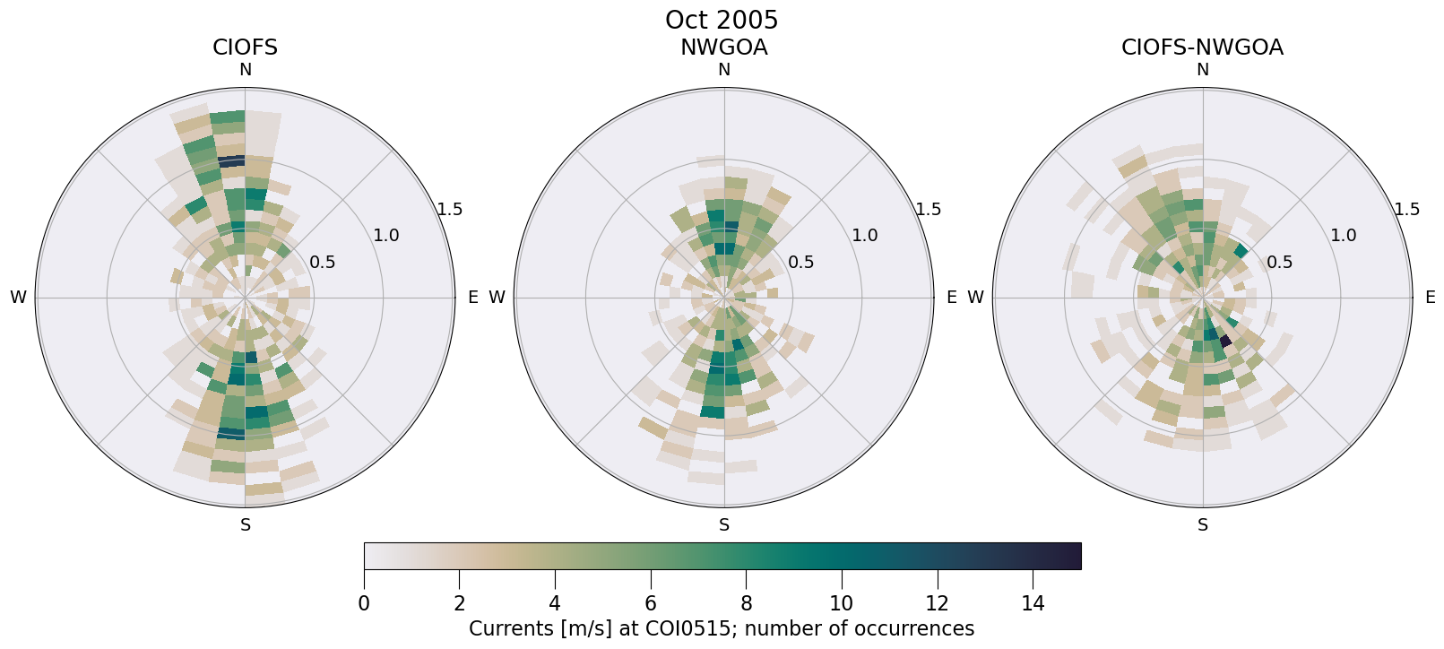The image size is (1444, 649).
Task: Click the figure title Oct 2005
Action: pyautogui.click(x=722, y=20)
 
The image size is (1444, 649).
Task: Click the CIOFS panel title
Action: pyautogui.click(x=245, y=48)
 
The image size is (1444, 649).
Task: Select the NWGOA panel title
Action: pyautogui.click(x=723, y=48)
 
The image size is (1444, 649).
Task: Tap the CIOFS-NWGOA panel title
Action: pyautogui.click(x=1202, y=48)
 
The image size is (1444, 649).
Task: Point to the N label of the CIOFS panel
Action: pyautogui.click(x=246, y=70)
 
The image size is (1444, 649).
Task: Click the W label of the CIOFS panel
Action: pyautogui.click(x=18, y=298)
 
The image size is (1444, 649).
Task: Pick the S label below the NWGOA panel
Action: pyautogui.click(x=724, y=525)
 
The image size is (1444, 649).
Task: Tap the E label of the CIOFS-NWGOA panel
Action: pyautogui.click(x=1430, y=298)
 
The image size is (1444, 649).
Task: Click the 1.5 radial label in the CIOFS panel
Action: pyautogui.click(x=450, y=210)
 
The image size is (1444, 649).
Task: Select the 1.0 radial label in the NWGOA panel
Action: pyautogui.click(x=864, y=236)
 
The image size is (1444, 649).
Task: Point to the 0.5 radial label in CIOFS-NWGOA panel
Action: pyautogui.click(x=1279, y=263)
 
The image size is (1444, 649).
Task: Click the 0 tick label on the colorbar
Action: pyautogui.click(x=364, y=603)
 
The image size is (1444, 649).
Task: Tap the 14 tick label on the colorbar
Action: pyautogui.click(x=1033, y=603)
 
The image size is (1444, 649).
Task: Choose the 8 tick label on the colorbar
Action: pyautogui.click(x=746, y=603)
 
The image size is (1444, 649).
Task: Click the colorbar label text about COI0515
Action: pyautogui.click(x=722, y=628)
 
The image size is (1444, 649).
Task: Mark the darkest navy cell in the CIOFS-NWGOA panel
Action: pyautogui.click(x=1226, y=341)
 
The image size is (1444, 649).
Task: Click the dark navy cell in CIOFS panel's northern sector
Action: pyautogui.click(x=231, y=161)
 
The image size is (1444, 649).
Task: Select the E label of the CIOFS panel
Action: pyautogui.click(x=472, y=298)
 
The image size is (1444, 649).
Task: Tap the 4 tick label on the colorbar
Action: pyautogui.click(x=555, y=603)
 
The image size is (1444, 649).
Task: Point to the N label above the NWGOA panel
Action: pyautogui.click(x=724, y=70)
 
